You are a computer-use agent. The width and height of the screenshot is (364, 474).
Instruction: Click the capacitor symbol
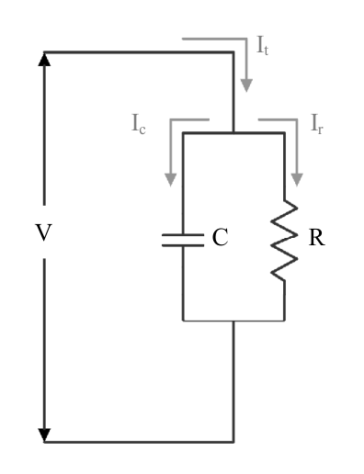click(183, 240)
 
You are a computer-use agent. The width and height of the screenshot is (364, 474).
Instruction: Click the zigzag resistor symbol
click(284, 240)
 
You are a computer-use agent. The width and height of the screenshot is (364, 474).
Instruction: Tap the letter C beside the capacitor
click(220, 237)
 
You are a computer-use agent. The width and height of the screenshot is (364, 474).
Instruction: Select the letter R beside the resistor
click(316, 238)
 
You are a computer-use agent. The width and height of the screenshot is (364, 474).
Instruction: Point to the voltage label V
click(44, 232)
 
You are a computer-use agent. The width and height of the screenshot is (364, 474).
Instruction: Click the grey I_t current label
click(263, 46)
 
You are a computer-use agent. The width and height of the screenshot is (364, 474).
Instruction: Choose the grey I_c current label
click(139, 124)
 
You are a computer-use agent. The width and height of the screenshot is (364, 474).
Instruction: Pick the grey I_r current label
click(317, 124)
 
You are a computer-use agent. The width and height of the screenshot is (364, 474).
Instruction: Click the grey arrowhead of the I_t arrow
click(246, 85)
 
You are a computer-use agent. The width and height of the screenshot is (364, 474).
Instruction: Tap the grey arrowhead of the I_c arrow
click(171, 180)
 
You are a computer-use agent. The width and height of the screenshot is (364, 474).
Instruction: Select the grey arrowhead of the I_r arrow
click(297, 180)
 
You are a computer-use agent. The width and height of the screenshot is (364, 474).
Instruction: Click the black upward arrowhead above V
click(44, 60)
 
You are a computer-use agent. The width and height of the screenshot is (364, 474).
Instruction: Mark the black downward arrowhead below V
click(44, 435)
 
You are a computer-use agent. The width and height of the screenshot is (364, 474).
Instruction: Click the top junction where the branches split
click(233, 133)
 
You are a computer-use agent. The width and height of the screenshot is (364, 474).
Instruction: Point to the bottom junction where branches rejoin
click(233, 321)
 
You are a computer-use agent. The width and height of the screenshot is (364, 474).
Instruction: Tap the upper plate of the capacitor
click(183, 235)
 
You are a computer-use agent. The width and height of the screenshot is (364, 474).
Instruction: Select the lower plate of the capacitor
click(183, 245)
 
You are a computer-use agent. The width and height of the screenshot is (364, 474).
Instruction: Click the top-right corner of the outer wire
click(233, 52)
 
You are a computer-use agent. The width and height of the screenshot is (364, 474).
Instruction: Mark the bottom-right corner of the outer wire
click(233, 442)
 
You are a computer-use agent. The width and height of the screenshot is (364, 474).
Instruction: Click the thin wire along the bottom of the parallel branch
click(233, 321)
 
